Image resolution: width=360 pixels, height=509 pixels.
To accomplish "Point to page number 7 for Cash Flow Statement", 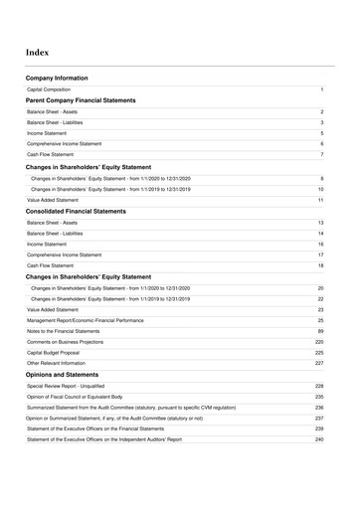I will click(322, 154).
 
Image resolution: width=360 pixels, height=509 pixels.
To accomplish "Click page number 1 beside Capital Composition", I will click(322, 89).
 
